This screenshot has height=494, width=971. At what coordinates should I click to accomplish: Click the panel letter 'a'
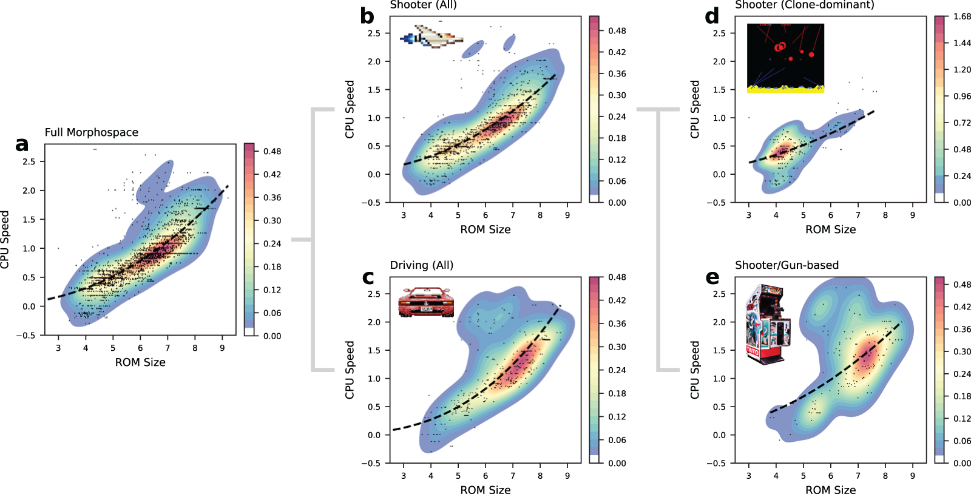click(x=22, y=144)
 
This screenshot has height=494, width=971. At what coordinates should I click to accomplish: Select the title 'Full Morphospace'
click(x=92, y=132)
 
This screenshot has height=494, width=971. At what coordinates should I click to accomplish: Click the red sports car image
click(x=426, y=302)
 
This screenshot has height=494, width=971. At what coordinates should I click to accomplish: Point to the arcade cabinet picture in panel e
click(x=768, y=325)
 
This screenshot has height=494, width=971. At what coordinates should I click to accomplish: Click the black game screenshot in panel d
click(x=785, y=58)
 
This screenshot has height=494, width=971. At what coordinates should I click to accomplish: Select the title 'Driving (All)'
click(x=422, y=265)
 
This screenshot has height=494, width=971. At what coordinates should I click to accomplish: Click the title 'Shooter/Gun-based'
click(x=787, y=265)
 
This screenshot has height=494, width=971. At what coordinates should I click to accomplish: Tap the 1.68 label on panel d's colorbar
click(x=962, y=16)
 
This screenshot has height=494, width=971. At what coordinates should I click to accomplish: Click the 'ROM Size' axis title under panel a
click(x=140, y=362)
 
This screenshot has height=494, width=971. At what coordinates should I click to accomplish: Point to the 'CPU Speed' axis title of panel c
click(x=350, y=370)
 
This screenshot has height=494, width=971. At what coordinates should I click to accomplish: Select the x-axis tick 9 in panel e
click(x=912, y=476)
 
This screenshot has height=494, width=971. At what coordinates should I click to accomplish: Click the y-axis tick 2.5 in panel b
click(x=374, y=33)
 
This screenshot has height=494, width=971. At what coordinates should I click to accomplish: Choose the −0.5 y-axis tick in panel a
click(x=29, y=336)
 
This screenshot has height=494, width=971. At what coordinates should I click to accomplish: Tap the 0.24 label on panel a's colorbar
click(x=272, y=243)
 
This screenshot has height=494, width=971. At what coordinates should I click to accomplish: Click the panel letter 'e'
click(x=712, y=277)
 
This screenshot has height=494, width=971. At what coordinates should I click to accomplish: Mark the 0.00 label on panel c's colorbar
click(x=617, y=463)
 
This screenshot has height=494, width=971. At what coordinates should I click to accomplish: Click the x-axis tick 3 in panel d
click(x=748, y=215)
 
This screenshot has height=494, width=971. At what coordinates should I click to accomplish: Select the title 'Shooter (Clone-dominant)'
click(x=805, y=5)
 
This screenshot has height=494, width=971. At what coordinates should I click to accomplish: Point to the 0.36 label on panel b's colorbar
click(x=617, y=73)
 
